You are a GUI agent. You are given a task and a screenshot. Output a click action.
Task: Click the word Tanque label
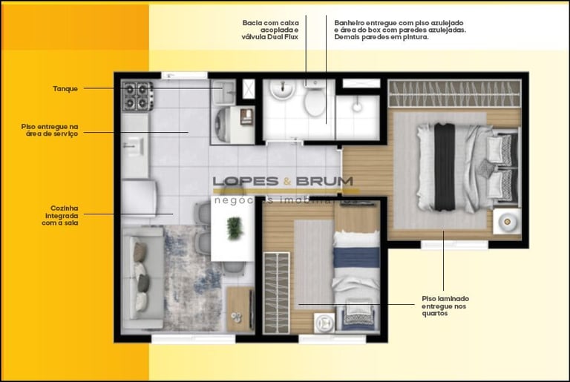tap(65, 89)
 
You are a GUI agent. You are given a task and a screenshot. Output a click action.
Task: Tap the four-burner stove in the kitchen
tap(137, 96)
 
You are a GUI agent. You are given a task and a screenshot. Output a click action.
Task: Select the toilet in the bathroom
tap(315, 99)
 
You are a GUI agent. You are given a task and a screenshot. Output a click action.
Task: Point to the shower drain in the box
tap(357, 107)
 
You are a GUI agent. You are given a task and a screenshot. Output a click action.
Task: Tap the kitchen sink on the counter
tap(133, 146)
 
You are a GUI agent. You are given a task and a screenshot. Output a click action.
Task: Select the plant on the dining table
tap(235, 228)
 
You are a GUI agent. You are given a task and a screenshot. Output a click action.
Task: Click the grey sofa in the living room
tap(142, 277)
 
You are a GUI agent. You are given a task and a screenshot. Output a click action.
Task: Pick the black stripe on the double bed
tap(445, 167)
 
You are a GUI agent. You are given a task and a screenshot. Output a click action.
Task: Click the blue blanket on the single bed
tap(356, 257)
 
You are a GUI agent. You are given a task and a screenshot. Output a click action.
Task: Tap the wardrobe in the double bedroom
tap(454, 93)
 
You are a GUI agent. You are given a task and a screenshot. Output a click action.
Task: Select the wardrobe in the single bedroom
tap(276, 292)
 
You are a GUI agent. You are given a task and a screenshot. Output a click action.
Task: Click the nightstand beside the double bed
tap(507, 221)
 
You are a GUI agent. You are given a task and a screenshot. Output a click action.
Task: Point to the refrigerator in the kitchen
tap(140, 198)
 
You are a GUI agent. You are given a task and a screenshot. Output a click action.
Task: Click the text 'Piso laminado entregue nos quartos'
tap(445, 306)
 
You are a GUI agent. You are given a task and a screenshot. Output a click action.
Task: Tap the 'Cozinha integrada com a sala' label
tap(60, 216)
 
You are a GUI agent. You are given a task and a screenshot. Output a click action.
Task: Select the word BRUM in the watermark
tap(324, 181)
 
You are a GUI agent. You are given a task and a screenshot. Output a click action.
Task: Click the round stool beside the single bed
tap(324, 322)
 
